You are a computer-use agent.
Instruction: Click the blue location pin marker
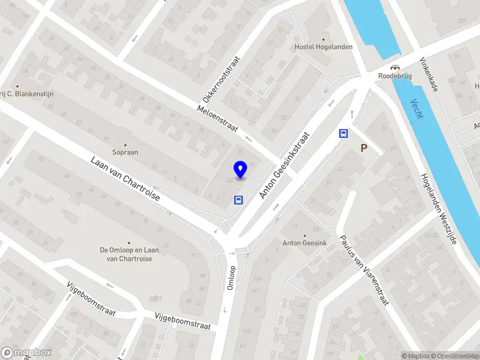pos(240,169)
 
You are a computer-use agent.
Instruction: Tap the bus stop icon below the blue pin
pos(238,200)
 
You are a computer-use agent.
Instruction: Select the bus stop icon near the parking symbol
pos(344,134)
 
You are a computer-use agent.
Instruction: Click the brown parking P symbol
pos(363,148)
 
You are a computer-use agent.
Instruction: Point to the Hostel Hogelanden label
pos(323,47)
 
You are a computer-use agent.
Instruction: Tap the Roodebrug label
pos(394,76)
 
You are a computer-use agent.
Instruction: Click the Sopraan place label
pos(125,152)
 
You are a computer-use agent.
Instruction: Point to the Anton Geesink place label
pos(304,243)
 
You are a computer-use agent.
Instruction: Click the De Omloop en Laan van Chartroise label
pos(126,254)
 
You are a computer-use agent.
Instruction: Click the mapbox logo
pos(26,353)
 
